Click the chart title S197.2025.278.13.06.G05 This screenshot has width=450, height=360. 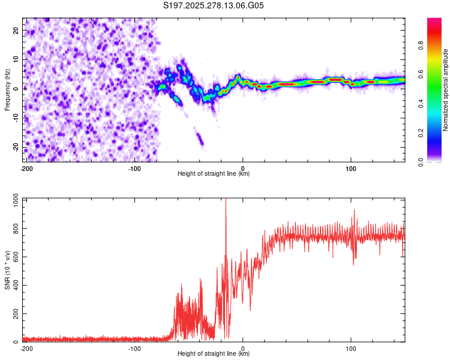[214, 6]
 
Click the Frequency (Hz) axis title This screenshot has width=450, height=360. [7, 89]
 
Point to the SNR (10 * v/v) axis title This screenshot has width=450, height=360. [7, 270]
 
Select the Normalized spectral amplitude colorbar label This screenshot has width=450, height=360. [446, 90]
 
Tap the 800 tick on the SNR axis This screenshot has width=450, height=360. [14, 229]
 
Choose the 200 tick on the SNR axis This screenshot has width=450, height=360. [14, 314]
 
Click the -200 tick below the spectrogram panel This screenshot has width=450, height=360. [26, 168]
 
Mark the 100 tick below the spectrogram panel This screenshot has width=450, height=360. [350, 168]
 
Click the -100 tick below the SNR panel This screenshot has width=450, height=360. [134, 348]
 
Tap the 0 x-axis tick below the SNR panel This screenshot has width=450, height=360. [242, 348]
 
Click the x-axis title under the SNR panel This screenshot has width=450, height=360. [214, 354]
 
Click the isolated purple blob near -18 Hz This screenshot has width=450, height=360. [200, 141]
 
